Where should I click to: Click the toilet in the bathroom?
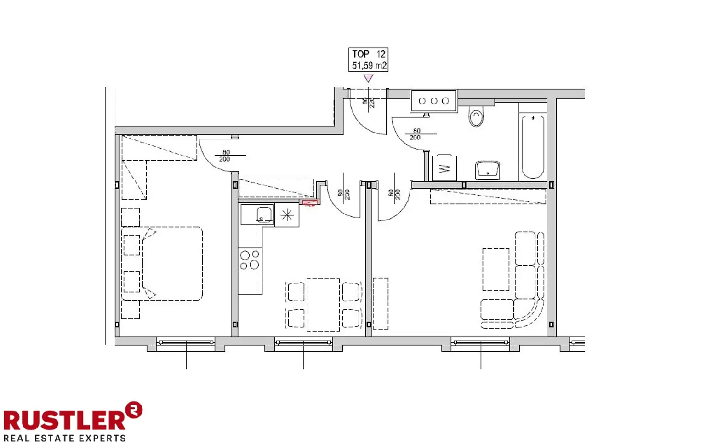tap(476, 117)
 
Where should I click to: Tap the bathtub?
tap(533, 147)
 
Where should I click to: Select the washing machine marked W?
tap(444, 168)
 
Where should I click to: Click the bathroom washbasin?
tap(488, 170)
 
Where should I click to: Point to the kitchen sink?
tap(264, 215)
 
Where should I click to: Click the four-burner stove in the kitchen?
tap(250, 260)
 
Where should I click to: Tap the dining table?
tap(323, 305)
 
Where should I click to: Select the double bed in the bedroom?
tap(172, 263)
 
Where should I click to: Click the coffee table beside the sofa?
tap(495, 269)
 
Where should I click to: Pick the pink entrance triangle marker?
tap(368, 78)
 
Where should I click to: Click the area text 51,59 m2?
tap(369, 66)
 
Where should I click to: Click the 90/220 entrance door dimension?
tap(369, 102)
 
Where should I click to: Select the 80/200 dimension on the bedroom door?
tap(225, 156)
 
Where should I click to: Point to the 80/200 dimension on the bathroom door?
tap(416, 134)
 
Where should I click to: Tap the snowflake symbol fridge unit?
tap(287, 215)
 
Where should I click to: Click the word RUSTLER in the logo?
tap(64, 420)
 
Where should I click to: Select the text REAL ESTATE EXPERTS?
tap(64, 438)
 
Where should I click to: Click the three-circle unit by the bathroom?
tap(433, 101)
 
